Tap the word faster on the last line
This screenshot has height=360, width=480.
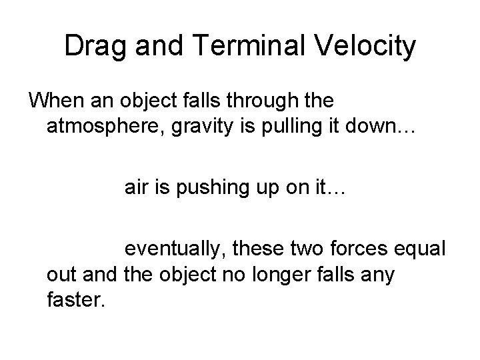coord(76,302)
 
